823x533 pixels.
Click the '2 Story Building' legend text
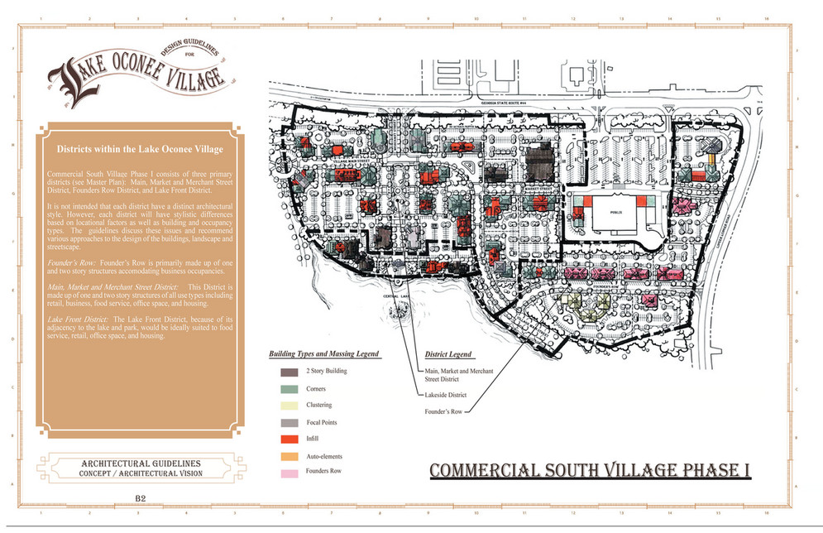[x=326, y=371]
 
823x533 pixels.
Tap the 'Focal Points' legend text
[x=320, y=422]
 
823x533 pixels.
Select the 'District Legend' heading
[x=447, y=353]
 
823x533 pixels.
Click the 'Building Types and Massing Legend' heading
[x=323, y=353]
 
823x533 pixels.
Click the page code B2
[x=140, y=497]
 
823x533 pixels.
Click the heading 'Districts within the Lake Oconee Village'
[x=139, y=149]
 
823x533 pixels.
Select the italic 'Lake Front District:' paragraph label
[x=78, y=319]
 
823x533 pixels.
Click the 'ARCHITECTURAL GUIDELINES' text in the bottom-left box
[x=141, y=463]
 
